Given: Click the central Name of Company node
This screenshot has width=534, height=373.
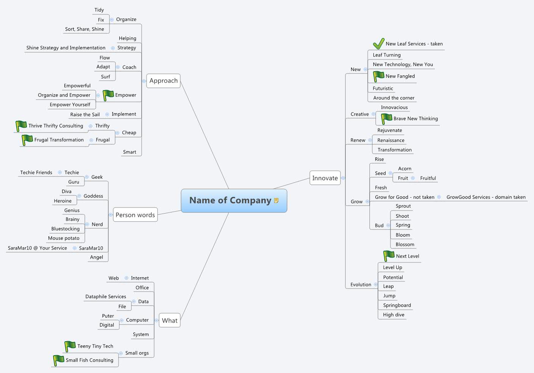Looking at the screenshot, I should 230,200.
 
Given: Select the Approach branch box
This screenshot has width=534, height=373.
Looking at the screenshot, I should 163,81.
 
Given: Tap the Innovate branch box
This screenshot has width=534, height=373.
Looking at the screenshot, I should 325,178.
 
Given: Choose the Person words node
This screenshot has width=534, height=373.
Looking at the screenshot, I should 135,215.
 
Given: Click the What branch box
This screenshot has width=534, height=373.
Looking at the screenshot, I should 169,320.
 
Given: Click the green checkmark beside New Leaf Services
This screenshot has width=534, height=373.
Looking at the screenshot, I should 378,44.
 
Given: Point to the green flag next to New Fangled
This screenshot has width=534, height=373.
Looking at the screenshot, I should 378,76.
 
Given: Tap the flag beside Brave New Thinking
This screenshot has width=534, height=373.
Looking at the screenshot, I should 386,119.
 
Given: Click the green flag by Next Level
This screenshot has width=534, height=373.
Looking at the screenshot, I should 389,256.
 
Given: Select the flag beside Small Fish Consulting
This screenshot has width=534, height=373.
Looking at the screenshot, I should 58,360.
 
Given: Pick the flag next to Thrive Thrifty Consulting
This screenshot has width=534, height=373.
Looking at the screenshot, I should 21,126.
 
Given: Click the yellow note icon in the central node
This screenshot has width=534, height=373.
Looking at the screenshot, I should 276,200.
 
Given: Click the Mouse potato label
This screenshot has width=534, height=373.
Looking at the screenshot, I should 64,238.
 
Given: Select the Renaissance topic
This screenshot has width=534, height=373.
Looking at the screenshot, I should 391,140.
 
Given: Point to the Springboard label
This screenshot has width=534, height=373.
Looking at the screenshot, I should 397,305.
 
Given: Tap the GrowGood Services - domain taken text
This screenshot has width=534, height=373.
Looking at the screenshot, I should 486,197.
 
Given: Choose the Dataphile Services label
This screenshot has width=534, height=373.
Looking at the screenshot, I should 106,297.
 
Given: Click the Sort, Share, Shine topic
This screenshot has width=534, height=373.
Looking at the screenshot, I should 84,29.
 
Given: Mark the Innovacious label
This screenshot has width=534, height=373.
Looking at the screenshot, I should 394,108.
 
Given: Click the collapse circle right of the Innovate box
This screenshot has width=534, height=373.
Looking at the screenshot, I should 343,178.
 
